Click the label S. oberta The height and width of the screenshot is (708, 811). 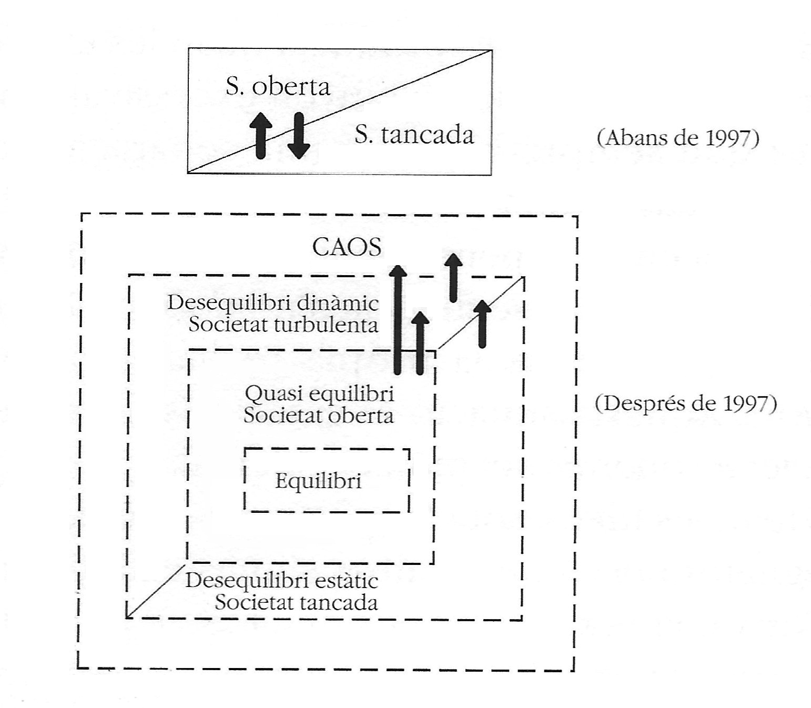point(278,87)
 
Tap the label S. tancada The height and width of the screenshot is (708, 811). point(414,135)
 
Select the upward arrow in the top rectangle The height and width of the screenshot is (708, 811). point(261,135)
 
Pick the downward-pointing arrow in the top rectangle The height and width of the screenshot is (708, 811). point(299,135)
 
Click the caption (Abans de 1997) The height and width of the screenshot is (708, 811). point(678,138)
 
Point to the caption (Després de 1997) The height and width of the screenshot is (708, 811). point(686,403)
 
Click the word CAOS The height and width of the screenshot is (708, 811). point(347,247)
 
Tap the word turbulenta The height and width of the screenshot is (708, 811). point(326,325)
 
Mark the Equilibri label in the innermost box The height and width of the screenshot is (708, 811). point(318,481)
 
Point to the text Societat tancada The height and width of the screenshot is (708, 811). point(296,602)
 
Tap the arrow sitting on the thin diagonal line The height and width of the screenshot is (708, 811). point(482,323)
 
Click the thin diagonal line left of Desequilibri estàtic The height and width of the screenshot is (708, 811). point(155,590)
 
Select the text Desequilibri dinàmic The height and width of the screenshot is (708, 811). point(273,304)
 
